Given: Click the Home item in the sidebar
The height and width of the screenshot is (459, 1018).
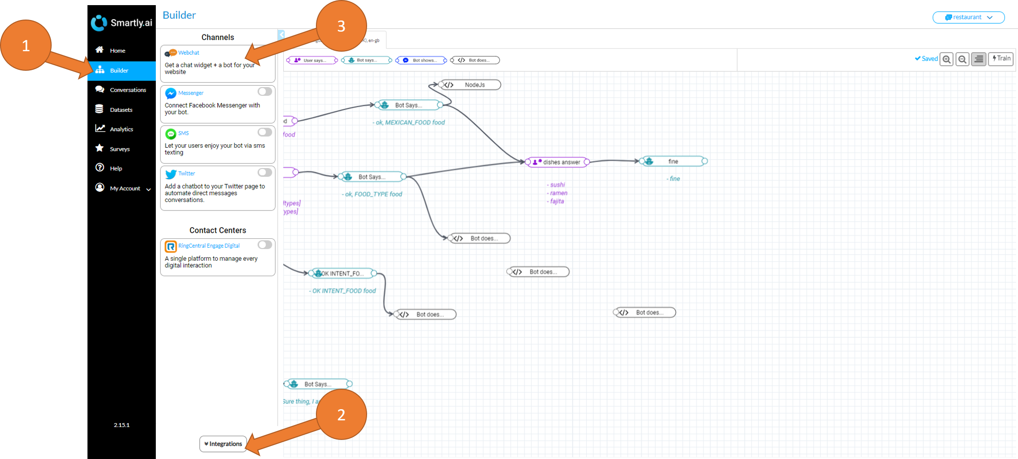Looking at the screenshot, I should tap(117, 50).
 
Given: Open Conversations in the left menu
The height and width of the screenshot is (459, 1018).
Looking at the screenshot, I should tap(127, 90).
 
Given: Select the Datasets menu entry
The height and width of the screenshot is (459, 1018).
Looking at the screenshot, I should tap(121, 110).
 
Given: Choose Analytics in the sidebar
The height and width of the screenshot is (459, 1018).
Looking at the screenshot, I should tap(121, 129).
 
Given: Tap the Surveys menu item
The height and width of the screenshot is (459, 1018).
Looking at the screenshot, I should tap(120, 149).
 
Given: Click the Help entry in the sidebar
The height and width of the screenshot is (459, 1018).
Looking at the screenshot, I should tap(116, 169).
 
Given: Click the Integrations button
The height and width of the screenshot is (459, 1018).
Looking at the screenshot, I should tap(223, 444).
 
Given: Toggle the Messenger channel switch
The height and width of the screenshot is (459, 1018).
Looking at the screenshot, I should tap(265, 92).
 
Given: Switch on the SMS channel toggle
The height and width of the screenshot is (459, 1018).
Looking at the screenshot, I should tap(265, 132).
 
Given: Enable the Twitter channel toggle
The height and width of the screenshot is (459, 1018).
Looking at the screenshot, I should tap(265, 173).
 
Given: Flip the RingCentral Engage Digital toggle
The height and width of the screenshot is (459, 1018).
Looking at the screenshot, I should tap(265, 245).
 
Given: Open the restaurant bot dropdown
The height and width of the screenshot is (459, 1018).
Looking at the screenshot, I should tap(968, 17).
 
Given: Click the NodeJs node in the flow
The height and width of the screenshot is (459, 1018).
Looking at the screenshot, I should tap(471, 85).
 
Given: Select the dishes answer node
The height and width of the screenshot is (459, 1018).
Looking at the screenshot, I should tap(557, 162).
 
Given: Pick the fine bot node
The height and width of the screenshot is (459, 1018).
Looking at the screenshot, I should tap(673, 161).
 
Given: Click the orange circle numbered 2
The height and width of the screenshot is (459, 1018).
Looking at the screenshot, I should tap(341, 414).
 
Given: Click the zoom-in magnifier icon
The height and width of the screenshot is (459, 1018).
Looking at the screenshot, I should tap(946, 60).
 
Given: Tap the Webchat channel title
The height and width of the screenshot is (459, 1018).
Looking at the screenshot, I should tap(188, 53).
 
